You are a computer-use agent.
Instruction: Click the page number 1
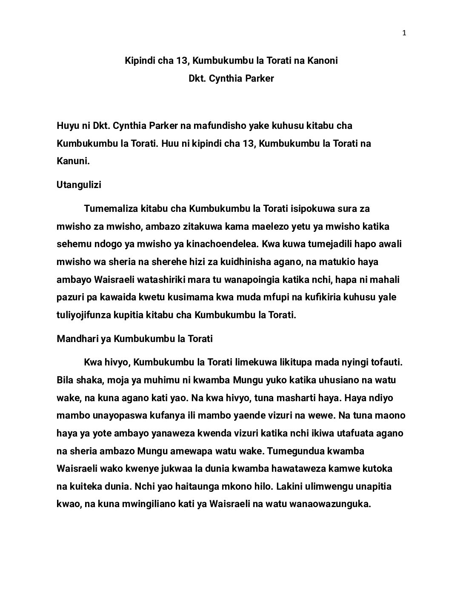(404, 34)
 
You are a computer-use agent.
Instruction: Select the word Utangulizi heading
(79, 185)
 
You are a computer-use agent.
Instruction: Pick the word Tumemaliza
(111, 209)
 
